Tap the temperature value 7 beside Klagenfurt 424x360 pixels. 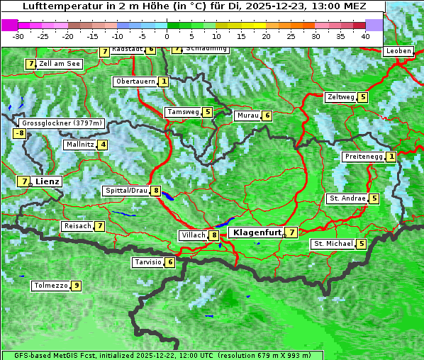pos(291,232)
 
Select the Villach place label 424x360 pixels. pos(193,235)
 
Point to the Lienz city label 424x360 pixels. pos(48,181)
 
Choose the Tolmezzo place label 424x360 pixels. pos(50,286)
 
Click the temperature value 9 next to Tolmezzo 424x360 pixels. pos(76,286)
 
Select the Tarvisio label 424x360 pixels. pos(147,262)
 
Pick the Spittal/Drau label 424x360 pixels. pos(126,191)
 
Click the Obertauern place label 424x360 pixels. pos(135,81)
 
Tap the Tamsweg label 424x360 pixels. pos(183,112)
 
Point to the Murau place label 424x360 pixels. pos(247,116)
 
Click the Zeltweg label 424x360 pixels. pos(340,97)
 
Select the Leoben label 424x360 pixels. pos(398,51)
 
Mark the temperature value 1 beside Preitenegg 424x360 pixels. pos(391,157)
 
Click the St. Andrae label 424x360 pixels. pos(347,198)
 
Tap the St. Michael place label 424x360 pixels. pos(333,244)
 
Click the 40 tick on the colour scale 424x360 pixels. pos(365,35)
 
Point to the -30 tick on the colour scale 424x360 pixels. pos(19,35)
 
